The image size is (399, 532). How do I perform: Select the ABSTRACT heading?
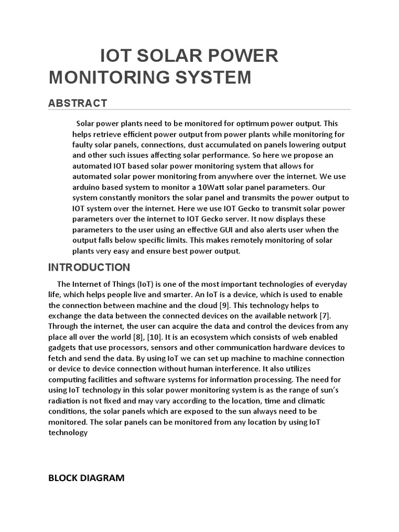point(77,103)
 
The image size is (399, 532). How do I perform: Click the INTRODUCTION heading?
point(89,268)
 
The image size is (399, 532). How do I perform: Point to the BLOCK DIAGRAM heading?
point(86,478)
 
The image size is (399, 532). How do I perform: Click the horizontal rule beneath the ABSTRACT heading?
point(199,110)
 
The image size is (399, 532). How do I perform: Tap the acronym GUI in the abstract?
point(218,230)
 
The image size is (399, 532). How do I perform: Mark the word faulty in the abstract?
point(84,144)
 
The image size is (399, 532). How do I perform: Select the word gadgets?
point(63,348)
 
